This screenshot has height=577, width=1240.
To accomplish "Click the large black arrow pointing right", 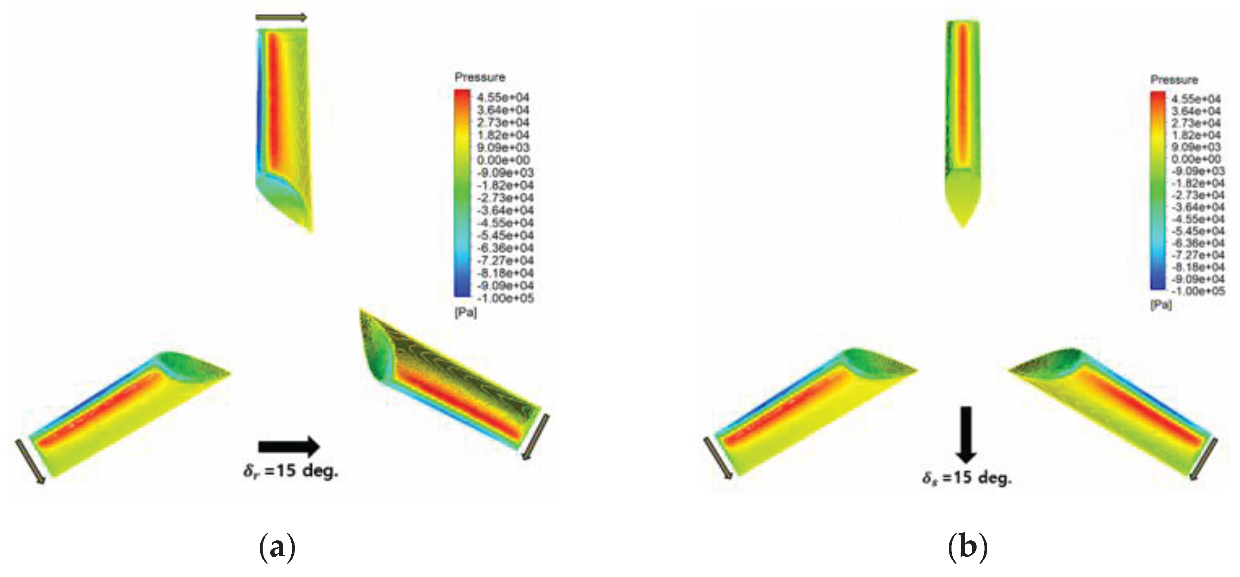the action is [x=289, y=446].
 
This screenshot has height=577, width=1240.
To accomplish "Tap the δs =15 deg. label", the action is [x=967, y=478].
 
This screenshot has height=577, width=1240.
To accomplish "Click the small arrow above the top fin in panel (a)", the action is [x=281, y=18].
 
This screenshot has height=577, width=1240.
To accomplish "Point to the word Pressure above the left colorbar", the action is [x=480, y=77].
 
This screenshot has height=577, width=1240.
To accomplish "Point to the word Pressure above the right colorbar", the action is [x=1174, y=80].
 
